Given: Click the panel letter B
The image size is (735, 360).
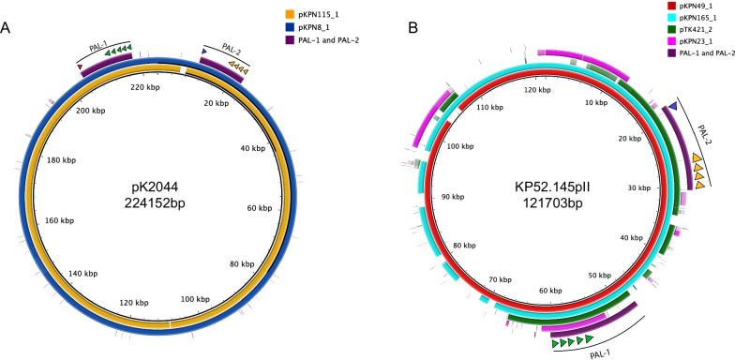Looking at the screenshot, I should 386,29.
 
